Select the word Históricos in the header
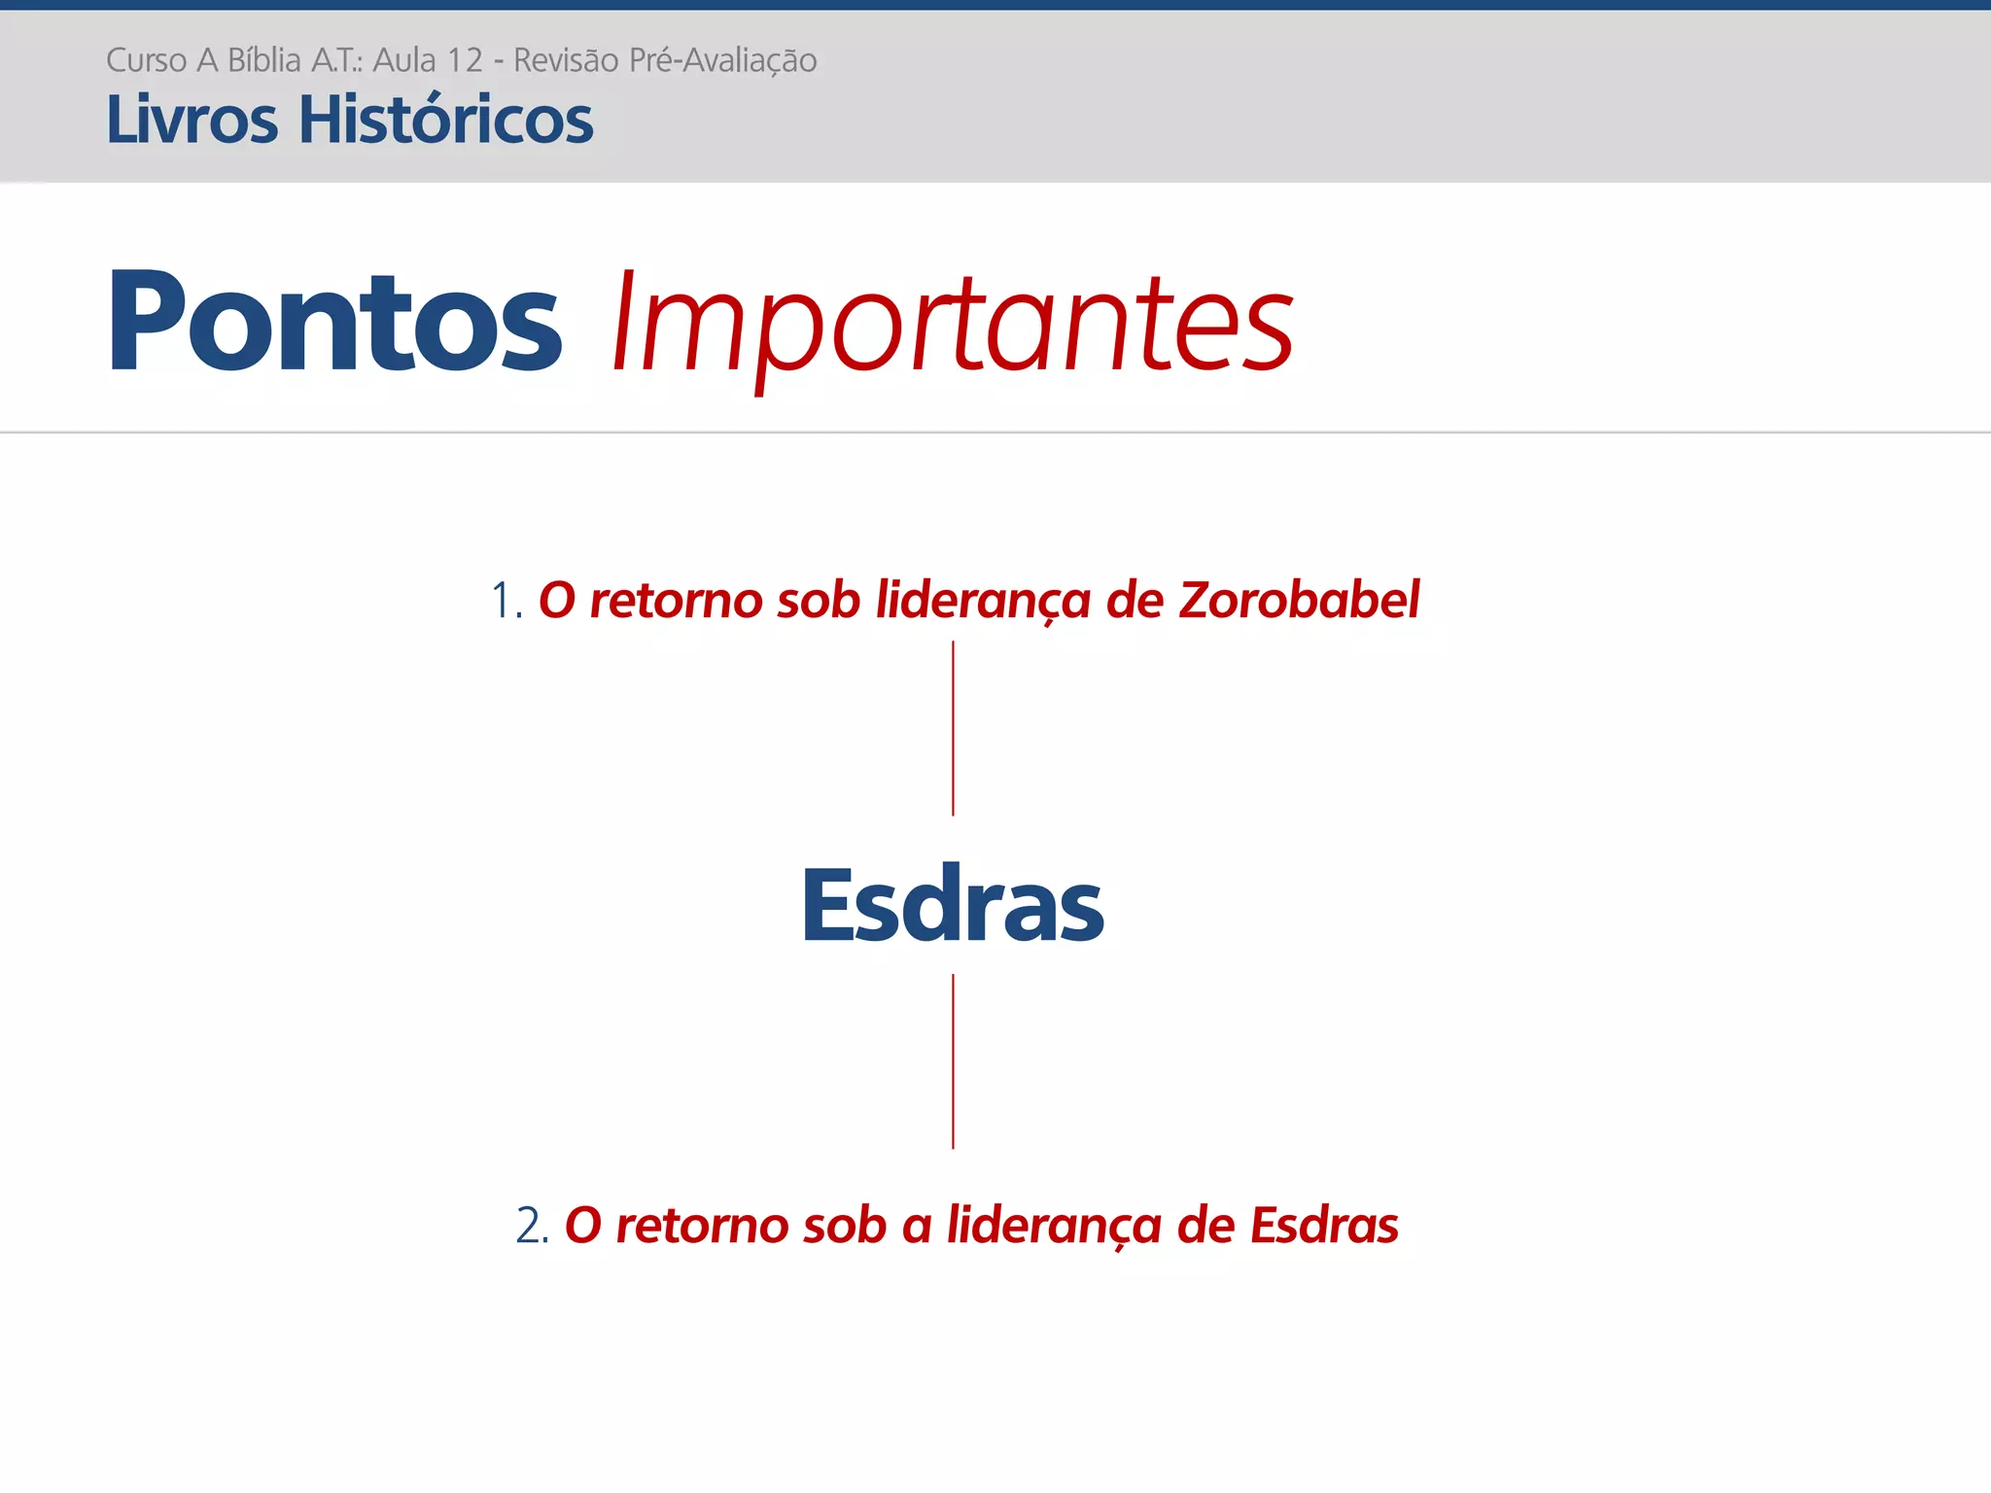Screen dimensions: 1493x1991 point(445,121)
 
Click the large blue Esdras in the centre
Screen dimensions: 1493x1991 point(953,906)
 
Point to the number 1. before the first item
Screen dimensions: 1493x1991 point(506,601)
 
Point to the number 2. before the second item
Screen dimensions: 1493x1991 point(533,1226)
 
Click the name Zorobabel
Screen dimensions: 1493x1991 point(1299,600)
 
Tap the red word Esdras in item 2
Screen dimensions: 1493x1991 point(1324,1226)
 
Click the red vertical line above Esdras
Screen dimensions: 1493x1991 point(953,728)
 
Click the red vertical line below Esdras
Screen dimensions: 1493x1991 point(953,1061)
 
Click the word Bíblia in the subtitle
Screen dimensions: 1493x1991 point(264,60)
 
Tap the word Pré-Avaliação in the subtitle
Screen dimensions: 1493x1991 point(722,60)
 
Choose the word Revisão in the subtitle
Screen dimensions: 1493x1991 point(566,60)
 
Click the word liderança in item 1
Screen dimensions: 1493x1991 point(983,600)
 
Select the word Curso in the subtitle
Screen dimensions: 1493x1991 point(146,60)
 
